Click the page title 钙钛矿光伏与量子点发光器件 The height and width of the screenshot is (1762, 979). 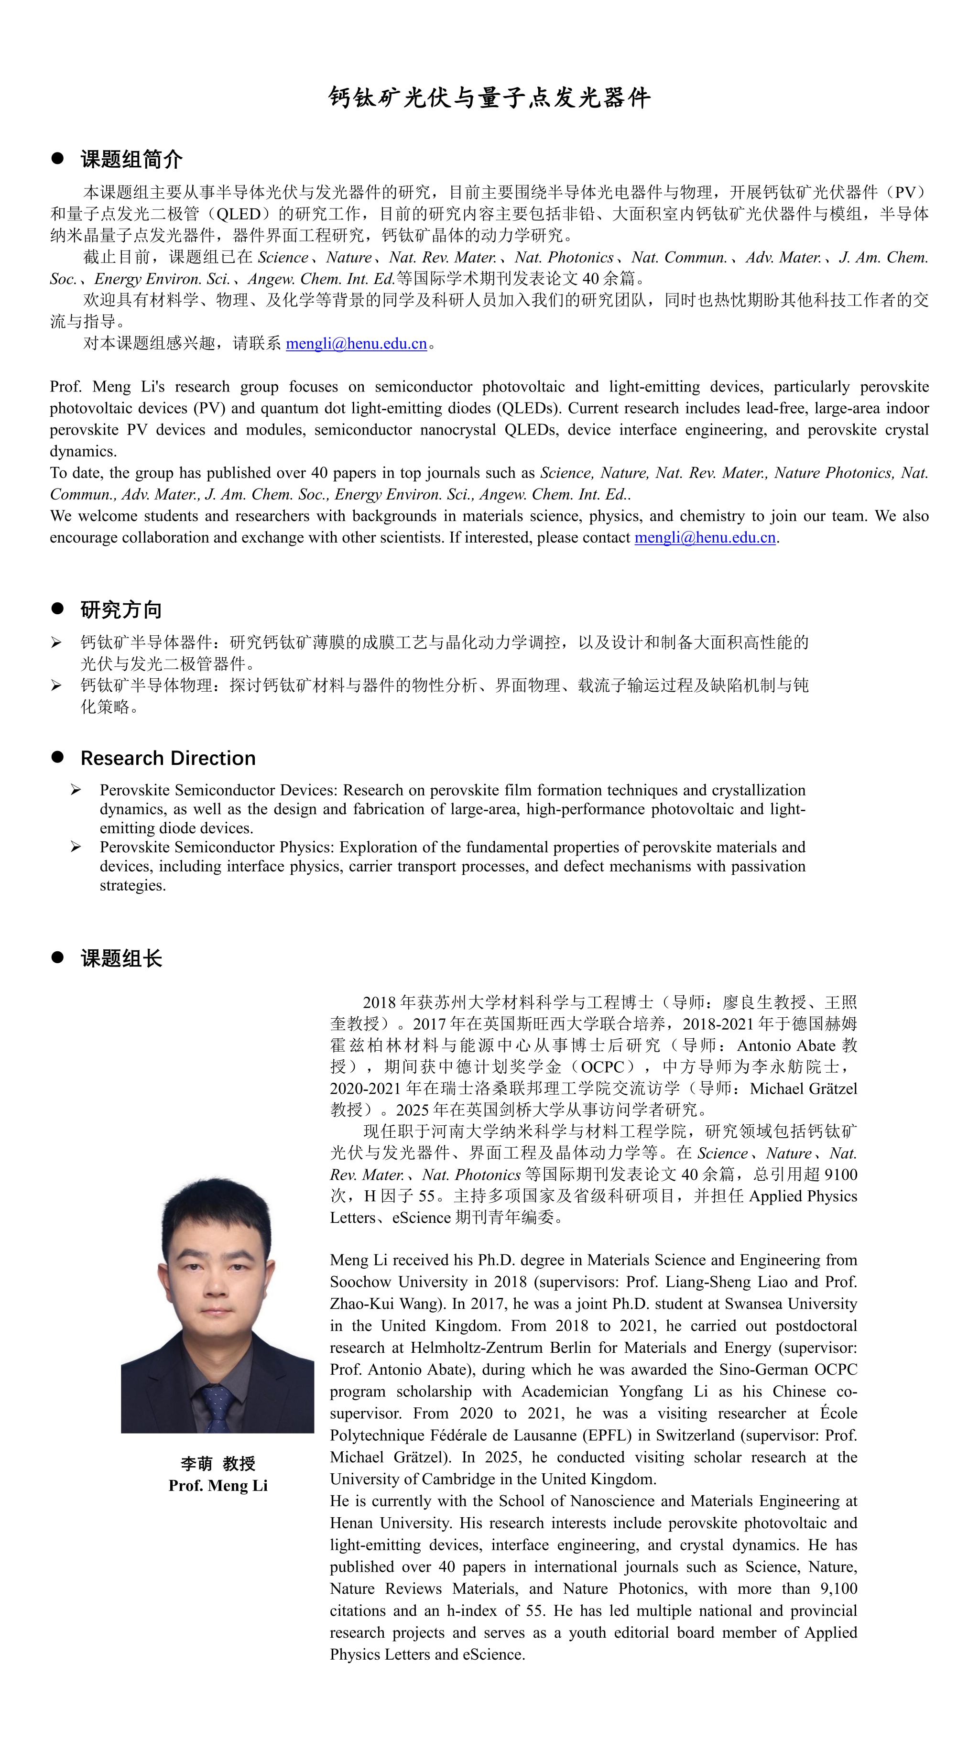pyautogui.click(x=489, y=98)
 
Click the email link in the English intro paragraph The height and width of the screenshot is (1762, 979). pyautogui.click(x=705, y=538)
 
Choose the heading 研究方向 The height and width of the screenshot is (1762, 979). pyautogui.click(x=121, y=609)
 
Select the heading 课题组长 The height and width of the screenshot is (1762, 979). pyautogui.click(x=121, y=958)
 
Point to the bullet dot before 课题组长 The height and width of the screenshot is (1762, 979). pyautogui.click(x=57, y=957)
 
